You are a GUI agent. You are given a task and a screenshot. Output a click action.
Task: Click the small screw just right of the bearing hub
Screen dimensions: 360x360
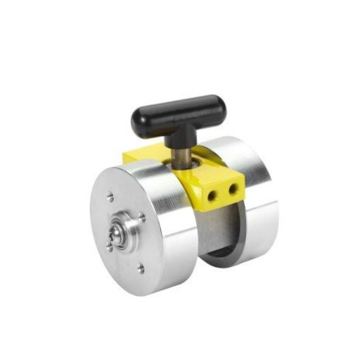coord(142,217)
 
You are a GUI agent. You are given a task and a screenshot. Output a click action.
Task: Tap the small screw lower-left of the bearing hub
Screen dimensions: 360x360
coord(109,246)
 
